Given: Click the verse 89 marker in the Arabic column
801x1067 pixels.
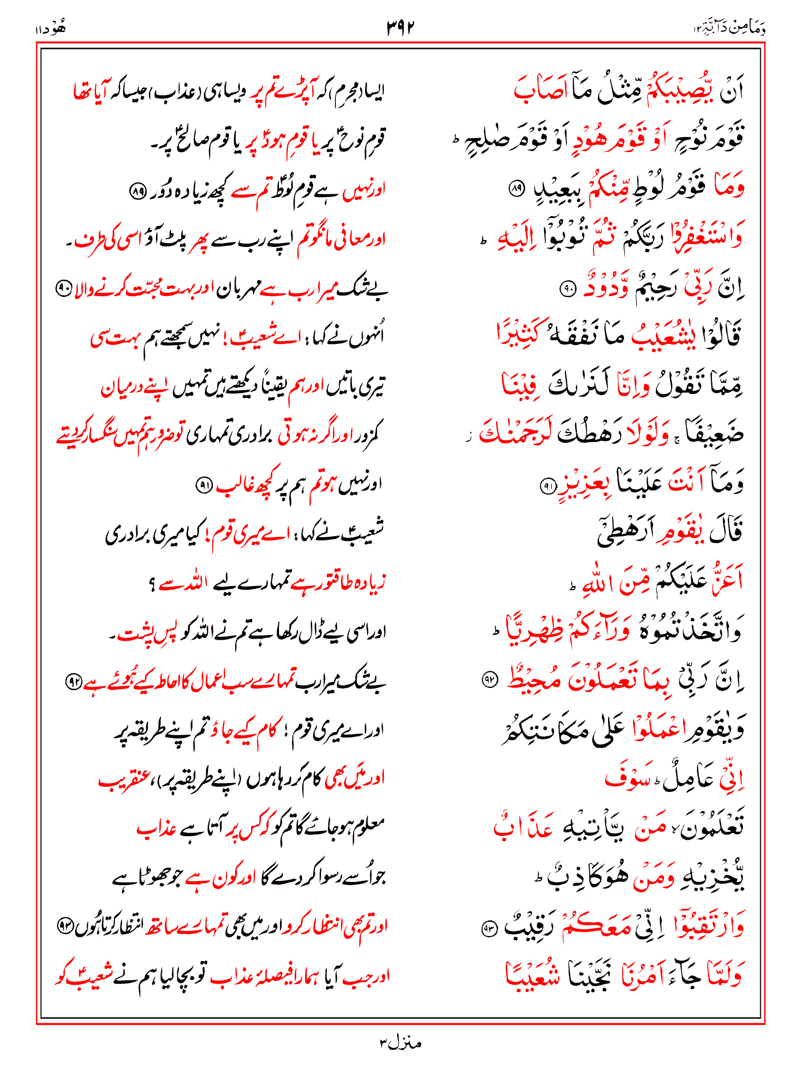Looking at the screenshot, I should pos(516,189).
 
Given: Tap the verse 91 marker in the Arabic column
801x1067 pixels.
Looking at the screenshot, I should pos(547,486).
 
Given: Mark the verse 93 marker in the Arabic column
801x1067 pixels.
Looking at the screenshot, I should pos(490,928).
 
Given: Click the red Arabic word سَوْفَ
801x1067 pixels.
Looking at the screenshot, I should pos(626,779).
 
